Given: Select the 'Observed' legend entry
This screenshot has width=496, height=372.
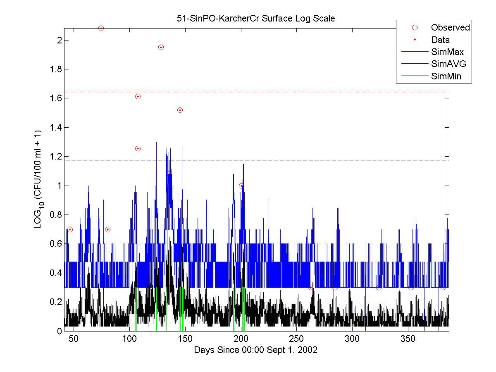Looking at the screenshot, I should click(x=450, y=28).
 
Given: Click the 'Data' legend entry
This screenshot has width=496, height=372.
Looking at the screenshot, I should click(x=440, y=40).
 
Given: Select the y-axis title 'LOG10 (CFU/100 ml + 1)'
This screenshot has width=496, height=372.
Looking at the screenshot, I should click(x=38, y=186).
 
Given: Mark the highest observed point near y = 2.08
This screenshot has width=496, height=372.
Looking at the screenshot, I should click(x=101, y=29).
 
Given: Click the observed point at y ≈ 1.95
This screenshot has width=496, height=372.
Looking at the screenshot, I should click(x=161, y=48).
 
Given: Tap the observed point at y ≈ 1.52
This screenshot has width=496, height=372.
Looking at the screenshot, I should click(x=180, y=110).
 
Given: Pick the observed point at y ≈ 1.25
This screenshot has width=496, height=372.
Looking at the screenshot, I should click(x=138, y=149).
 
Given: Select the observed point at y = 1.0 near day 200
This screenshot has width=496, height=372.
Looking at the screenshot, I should click(x=241, y=186).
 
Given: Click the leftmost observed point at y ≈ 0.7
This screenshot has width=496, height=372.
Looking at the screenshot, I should click(x=70, y=229).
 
